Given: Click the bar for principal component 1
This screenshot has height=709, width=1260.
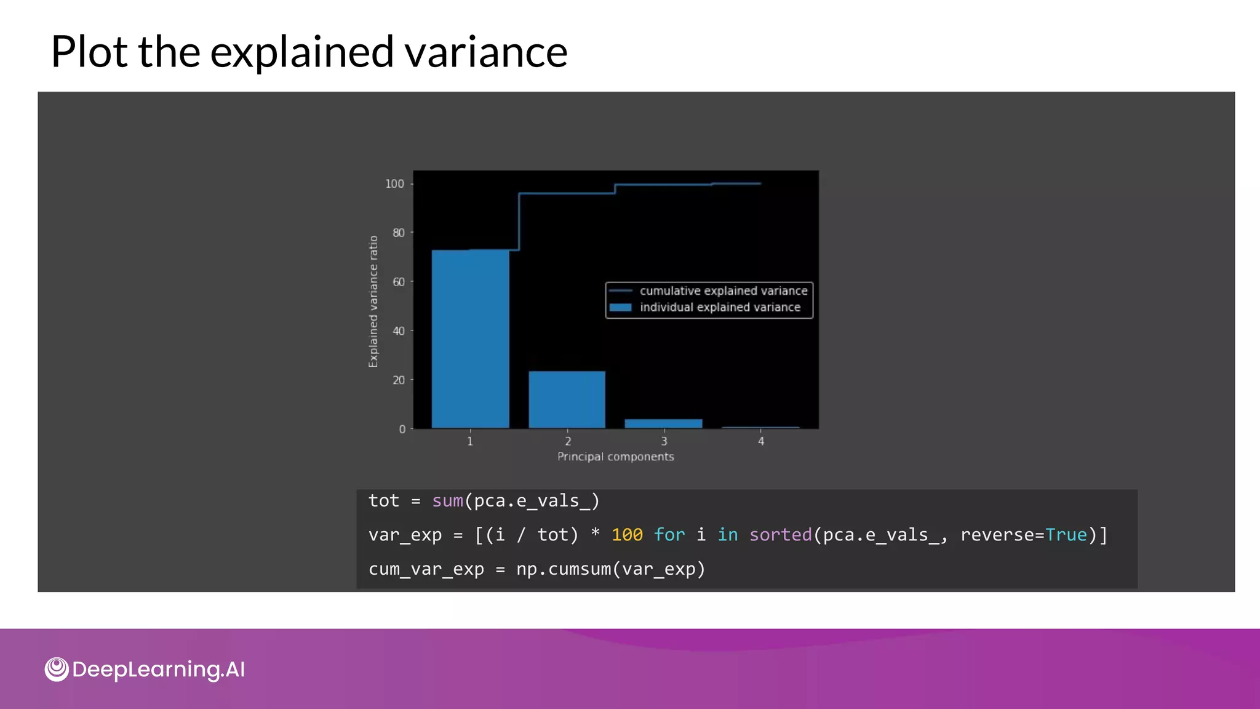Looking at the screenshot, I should tap(470, 338).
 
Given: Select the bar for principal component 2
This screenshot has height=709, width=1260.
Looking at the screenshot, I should tap(567, 399).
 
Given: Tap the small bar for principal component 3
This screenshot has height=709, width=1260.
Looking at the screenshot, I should tap(663, 423).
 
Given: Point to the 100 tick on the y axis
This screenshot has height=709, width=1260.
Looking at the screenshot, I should tap(395, 183).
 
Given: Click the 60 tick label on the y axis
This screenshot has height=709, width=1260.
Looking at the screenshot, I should tap(399, 282).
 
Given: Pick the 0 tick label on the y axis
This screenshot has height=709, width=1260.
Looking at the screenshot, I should tap(402, 429).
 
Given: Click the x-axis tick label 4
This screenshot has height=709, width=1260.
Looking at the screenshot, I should tap(761, 441).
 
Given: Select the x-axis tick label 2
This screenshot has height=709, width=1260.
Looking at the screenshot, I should tap(568, 441).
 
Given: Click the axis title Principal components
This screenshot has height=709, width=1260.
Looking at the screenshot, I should tap(615, 457).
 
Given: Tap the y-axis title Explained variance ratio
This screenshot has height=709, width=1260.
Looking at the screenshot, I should tap(373, 302).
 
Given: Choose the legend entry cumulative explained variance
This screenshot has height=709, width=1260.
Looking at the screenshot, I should tap(723, 290).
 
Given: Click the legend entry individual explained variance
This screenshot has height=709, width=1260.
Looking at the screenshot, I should tap(719, 307).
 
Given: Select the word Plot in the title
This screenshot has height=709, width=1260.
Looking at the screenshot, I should tap(90, 52).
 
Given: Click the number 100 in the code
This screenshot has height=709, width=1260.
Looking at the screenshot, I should tap(627, 535).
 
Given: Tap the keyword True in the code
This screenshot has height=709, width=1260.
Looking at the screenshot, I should tap(1066, 535).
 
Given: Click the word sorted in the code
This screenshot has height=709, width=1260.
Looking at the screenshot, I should tap(780, 535).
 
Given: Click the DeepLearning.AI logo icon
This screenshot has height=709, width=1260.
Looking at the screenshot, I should tap(57, 669).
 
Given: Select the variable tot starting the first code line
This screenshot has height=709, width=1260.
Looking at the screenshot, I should tap(384, 501).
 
